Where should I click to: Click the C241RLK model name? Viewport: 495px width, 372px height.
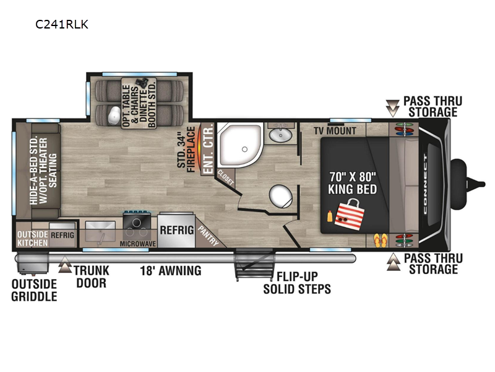click(x=61, y=24)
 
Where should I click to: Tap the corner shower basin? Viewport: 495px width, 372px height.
click(x=241, y=144)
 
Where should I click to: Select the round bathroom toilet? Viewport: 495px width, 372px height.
click(x=281, y=196)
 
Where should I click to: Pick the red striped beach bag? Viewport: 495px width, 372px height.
click(x=350, y=215)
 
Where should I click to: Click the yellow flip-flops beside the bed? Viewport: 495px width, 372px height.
click(x=380, y=241)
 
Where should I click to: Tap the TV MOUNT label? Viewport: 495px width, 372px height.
click(x=335, y=131)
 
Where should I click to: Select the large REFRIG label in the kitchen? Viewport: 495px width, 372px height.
click(x=177, y=230)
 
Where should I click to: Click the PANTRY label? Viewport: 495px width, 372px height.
click(x=209, y=236)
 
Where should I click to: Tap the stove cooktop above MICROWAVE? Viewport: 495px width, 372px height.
click(x=137, y=224)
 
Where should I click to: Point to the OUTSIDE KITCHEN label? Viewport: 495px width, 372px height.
click(x=33, y=239)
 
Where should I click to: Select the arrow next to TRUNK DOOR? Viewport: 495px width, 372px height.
click(x=65, y=264)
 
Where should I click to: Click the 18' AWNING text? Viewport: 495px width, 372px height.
click(x=171, y=271)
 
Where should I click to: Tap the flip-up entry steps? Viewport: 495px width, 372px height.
click(x=254, y=264)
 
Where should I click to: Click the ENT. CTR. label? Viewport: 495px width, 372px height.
click(x=209, y=148)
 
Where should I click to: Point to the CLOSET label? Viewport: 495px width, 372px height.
click(x=225, y=177)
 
